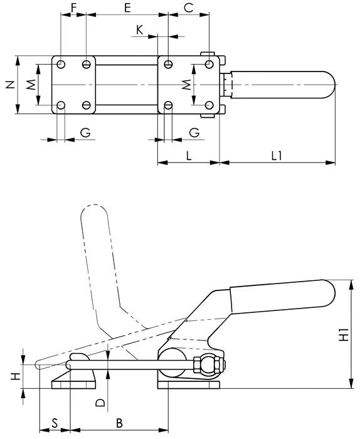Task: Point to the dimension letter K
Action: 139,29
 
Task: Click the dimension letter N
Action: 9,85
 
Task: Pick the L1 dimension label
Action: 277,154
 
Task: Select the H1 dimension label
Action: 344,334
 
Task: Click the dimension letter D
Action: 100,401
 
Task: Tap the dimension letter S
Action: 55,423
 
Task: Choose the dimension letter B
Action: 119,423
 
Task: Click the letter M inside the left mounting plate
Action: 29,85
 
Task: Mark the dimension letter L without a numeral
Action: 189,154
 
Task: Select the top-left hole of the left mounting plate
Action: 61,65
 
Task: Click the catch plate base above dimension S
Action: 73,379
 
